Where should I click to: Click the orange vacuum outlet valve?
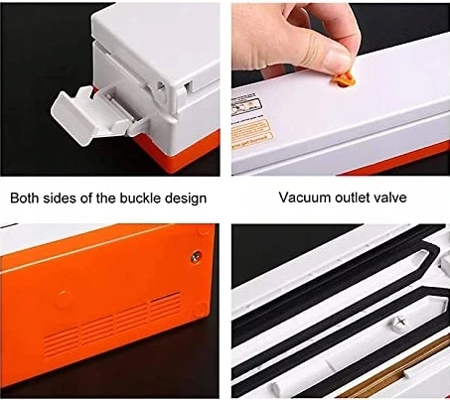click(x=344, y=80)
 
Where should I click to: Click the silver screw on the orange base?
click(x=196, y=255)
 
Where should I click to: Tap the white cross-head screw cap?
click(x=399, y=321)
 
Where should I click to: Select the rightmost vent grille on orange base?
click(x=166, y=306)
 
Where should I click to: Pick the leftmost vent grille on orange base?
click(x=61, y=342)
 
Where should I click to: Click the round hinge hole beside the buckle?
click(x=161, y=86)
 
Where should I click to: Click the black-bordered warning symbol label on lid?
click(x=246, y=103)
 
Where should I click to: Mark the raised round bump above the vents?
click(x=64, y=299)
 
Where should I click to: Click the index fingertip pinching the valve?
click(x=340, y=62)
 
